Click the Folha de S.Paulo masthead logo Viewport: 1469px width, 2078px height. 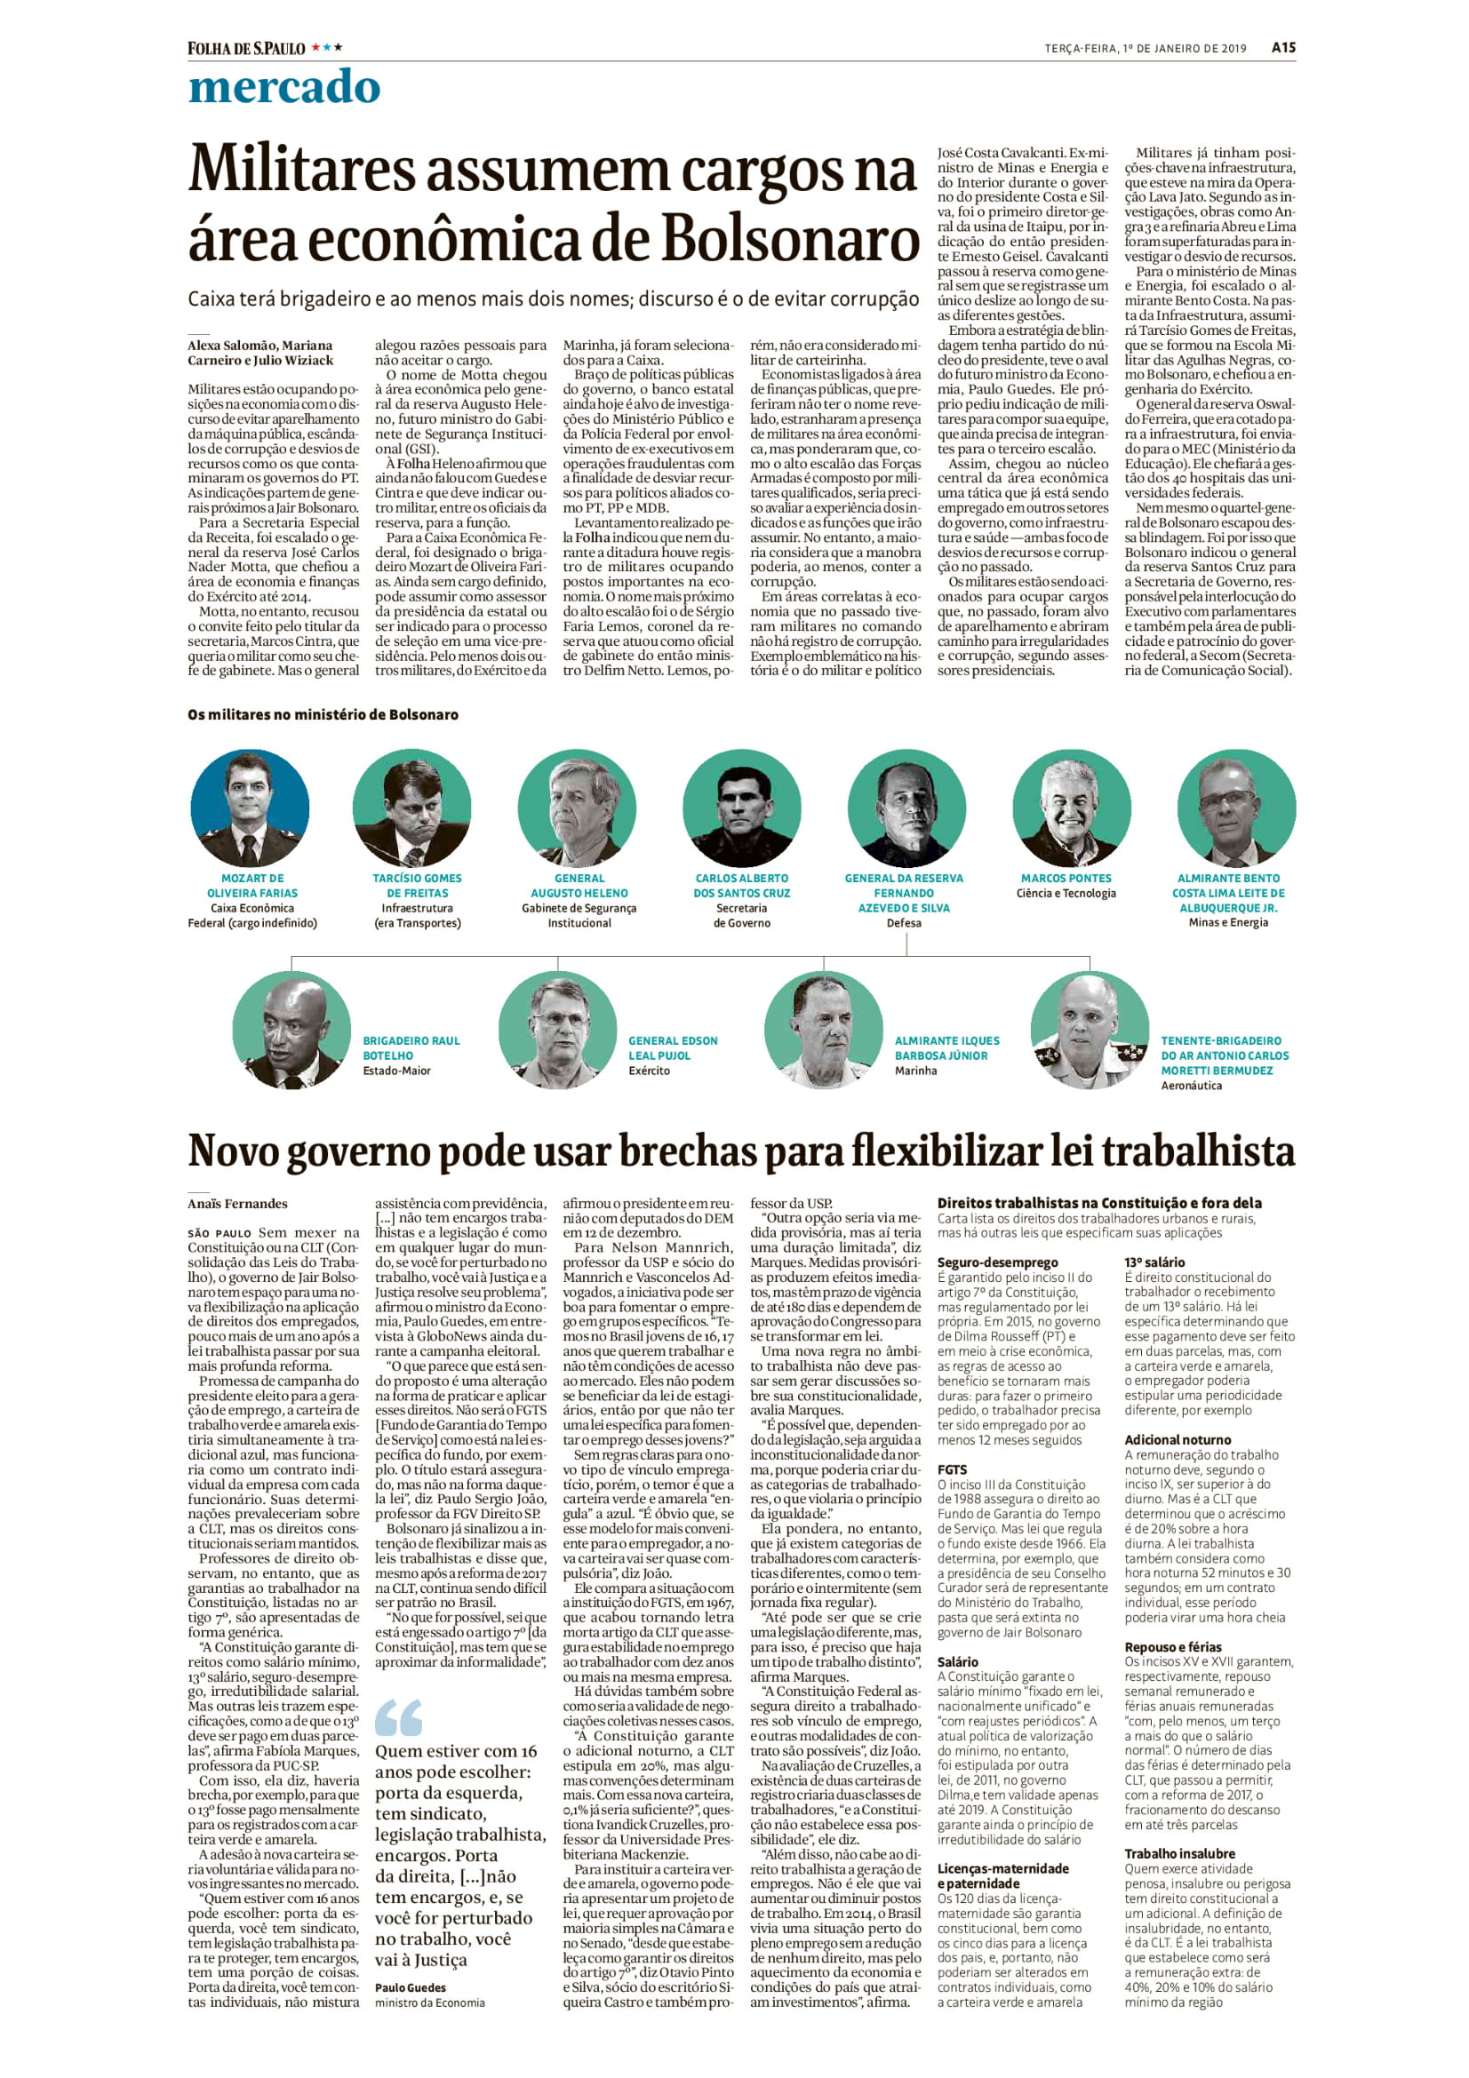[246, 48]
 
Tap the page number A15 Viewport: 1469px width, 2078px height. [1282, 48]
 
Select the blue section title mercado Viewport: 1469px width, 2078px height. [283, 88]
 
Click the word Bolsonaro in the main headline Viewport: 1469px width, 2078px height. [790, 239]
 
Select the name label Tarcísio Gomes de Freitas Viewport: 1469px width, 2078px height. [418, 885]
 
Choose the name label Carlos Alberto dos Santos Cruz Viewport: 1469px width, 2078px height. [742, 885]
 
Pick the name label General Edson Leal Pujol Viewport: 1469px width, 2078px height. [673, 1048]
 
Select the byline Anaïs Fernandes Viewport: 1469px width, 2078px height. [237, 1204]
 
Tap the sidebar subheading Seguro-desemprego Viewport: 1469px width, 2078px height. [984, 1262]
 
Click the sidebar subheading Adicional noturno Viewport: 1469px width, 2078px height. [1178, 1439]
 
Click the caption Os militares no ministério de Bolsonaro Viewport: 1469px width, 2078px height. [323, 714]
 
